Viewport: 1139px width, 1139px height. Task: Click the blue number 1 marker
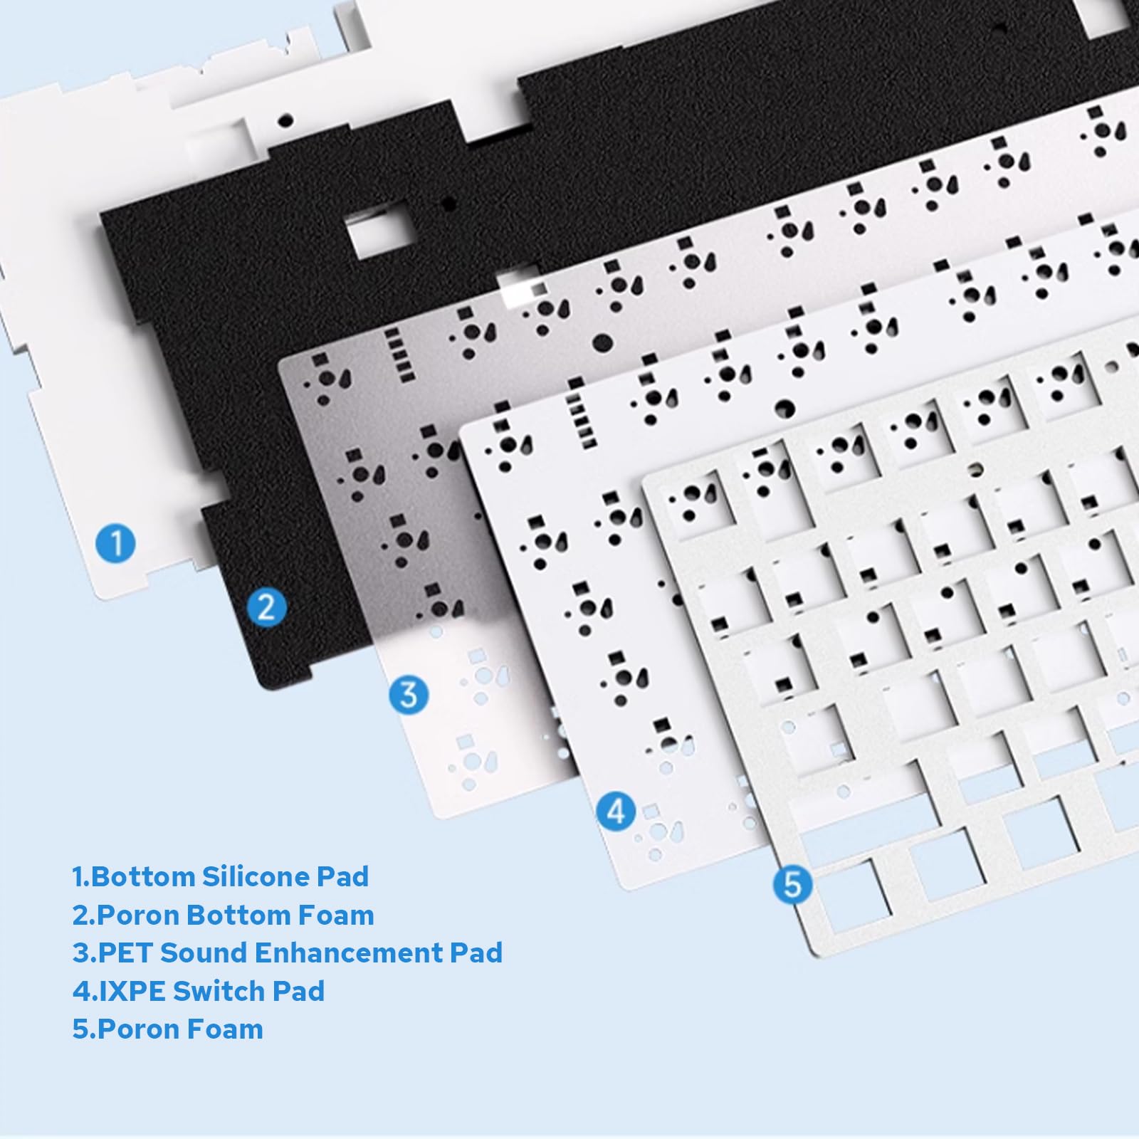(x=116, y=543)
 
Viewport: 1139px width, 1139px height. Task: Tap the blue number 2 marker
(x=267, y=607)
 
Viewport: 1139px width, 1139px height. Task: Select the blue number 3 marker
(x=409, y=694)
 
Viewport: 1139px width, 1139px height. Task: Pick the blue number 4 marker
(x=616, y=811)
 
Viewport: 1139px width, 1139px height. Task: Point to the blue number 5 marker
(x=792, y=885)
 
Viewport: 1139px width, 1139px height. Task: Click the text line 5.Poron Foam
(x=167, y=1029)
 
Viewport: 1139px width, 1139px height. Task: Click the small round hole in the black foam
(x=449, y=204)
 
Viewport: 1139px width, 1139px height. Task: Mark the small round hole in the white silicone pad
(x=285, y=120)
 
